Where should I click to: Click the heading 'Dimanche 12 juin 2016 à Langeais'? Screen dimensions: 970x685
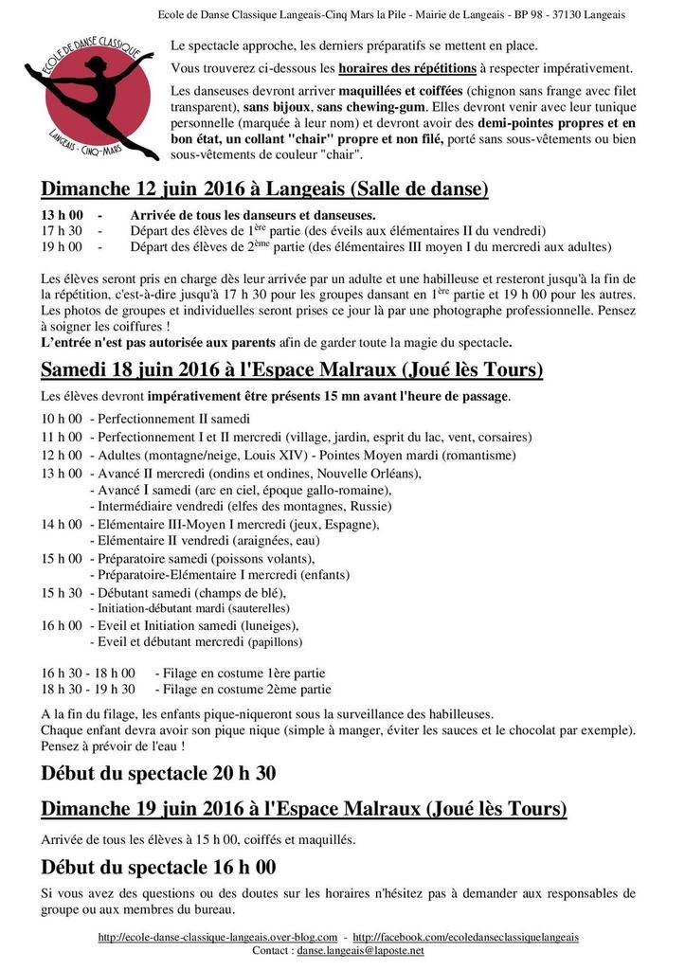coord(265,189)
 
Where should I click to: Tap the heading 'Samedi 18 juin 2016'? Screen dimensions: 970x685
coord(292,368)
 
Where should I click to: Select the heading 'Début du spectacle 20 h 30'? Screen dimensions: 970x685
coord(158,773)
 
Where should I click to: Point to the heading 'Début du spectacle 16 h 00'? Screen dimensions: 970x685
coord(158,867)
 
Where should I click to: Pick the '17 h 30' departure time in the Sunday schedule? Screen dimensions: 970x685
coord(62,230)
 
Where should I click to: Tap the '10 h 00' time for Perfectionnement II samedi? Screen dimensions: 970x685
coord(62,419)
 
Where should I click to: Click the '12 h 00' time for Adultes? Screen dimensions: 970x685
coord(62,455)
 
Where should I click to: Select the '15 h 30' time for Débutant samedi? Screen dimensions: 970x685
coord(62,592)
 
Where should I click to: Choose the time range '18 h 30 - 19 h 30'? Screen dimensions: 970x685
coord(88,689)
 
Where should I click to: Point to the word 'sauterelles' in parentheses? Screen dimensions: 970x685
coord(256,608)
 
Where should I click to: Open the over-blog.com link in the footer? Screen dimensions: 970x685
coord(218,937)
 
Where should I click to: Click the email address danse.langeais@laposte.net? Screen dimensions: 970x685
coord(361,950)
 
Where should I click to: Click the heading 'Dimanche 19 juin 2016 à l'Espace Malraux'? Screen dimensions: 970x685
coord(304,808)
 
